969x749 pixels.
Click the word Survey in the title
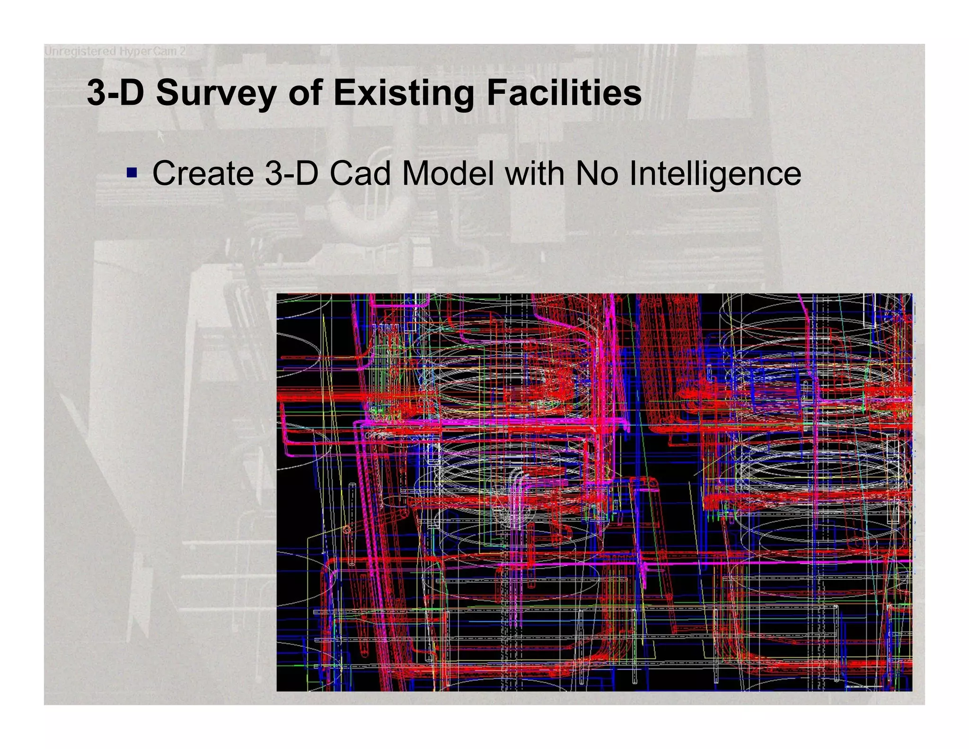(x=216, y=93)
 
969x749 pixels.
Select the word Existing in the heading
(x=403, y=93)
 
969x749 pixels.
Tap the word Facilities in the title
(x=564, y=93)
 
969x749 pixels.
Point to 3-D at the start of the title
(x=115, y=93)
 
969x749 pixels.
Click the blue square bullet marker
(x=132, y=172)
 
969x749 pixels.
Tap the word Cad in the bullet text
(x=360, y=174)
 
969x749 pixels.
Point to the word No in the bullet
(x=597, y=174)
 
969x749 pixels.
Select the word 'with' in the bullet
(x=535, y=174)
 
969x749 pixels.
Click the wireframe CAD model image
(x=594, y=492)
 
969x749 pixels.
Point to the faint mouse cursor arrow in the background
(x=160, y=136)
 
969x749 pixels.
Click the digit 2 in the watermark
(x=182, y=51)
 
